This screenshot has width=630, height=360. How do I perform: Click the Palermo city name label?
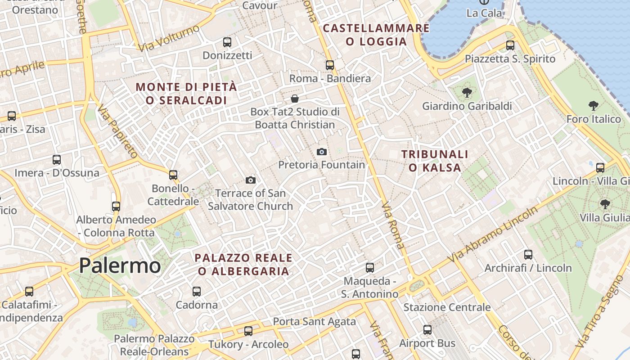click(120, 265)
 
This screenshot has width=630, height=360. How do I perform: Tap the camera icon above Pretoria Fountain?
click(321, 152)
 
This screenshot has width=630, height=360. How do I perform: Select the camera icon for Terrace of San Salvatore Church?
click(251, 180)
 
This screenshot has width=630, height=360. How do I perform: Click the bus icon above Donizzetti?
click(227, 42)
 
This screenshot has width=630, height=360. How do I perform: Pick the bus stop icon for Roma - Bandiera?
click(330, 65)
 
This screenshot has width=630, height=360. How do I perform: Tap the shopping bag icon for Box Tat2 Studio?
click(295, 98)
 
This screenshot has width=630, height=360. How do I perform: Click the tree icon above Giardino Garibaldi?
click(467, 93)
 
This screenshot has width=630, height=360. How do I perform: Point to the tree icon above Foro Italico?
click(593, 106)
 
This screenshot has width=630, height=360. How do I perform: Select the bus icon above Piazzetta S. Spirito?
click(510, 45)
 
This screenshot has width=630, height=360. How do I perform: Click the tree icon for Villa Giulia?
click(605, 204)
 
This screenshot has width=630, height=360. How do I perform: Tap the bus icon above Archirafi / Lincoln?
click(528, 255)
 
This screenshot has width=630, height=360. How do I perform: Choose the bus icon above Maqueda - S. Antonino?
click(370, 268)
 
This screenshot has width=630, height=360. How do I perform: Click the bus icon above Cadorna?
click(197, 292)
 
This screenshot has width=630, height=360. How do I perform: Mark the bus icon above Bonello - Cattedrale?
click(173, 175)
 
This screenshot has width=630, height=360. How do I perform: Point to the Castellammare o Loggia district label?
click(376, 35)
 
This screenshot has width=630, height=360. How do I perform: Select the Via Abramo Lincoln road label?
click(493, 235)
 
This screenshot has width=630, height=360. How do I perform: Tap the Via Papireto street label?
click(117, 131)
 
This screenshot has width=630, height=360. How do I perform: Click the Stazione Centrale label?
click(447, 307)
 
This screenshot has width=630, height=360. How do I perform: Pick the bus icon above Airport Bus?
click(427, 330)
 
